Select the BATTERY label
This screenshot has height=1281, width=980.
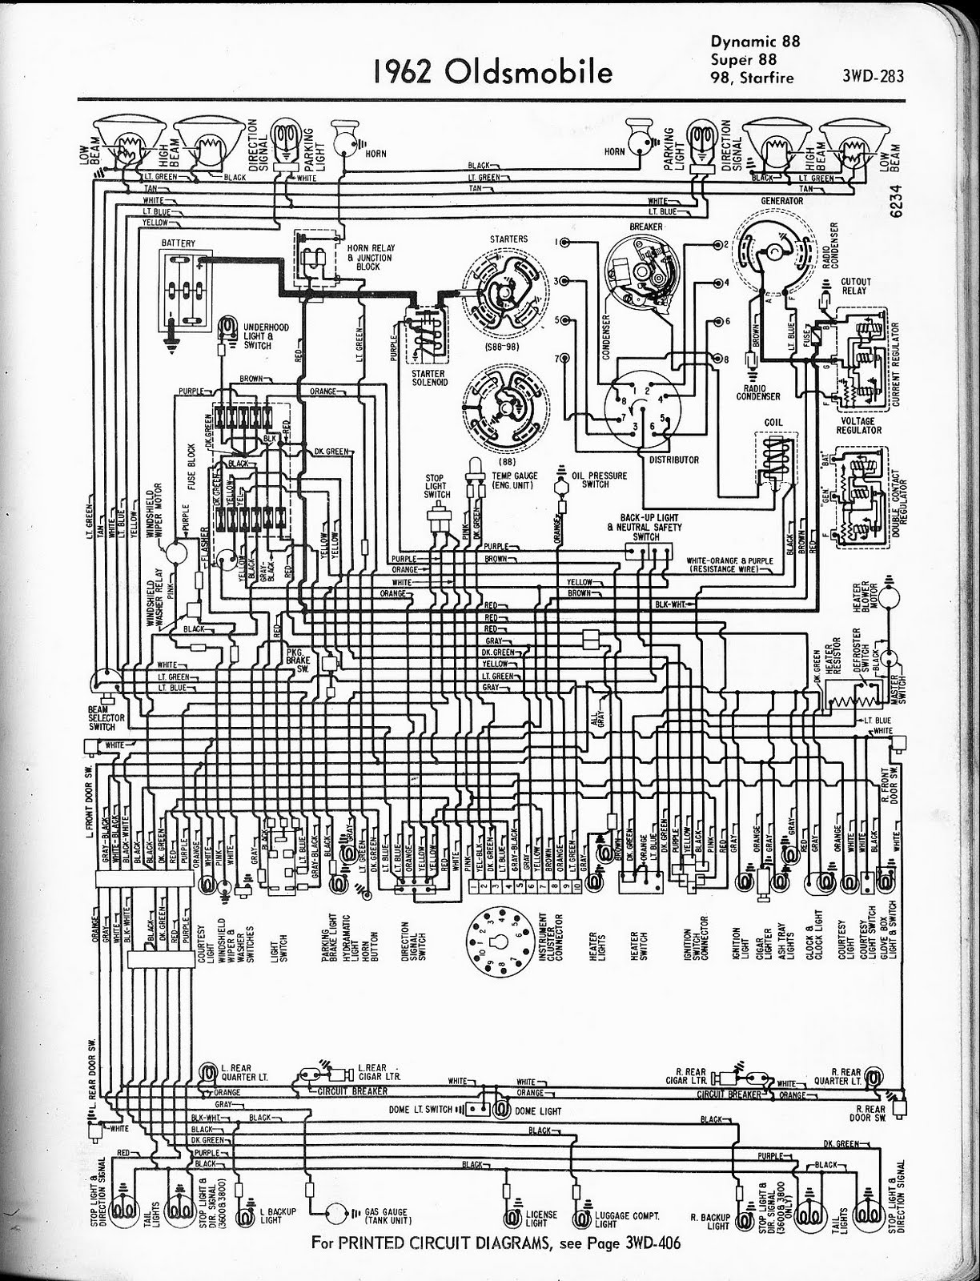[178, 243]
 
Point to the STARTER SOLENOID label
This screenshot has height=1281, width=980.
[428, 378]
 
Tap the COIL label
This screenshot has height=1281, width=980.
[773, 422]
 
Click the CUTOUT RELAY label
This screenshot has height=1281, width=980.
[856, 287]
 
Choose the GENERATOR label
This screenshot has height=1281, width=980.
[782, 200]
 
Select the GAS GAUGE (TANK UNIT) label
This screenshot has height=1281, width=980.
[386, 1216]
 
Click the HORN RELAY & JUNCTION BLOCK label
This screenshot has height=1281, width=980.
[370, 257]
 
